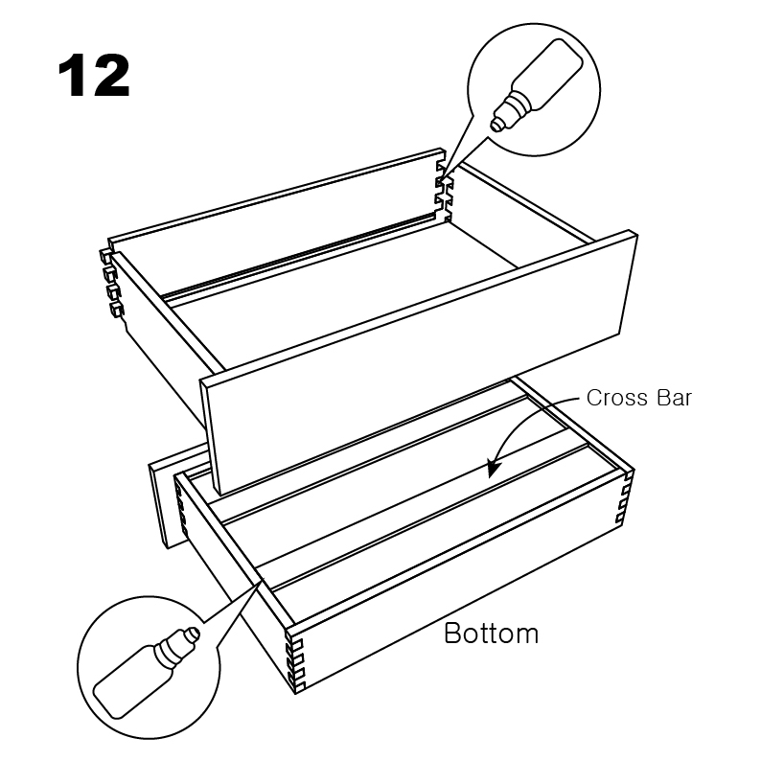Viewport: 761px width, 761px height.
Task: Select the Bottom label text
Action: click(491, 634)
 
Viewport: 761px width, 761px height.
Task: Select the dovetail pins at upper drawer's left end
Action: click(110, 283)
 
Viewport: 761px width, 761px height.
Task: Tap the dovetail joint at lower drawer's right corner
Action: click(625, 497)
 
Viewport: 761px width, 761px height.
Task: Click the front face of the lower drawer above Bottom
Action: click(461, 578)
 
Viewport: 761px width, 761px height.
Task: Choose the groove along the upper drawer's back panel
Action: click(298, 256)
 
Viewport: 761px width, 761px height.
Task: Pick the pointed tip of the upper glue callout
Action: click(443, 173)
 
